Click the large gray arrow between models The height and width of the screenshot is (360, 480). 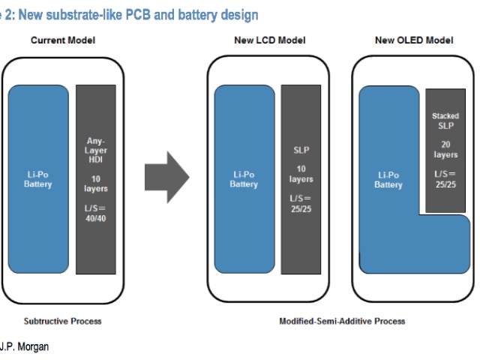pos(166,177)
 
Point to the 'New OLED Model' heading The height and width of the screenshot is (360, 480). pos(414,40)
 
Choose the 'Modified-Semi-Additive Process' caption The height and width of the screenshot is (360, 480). pos(342,321)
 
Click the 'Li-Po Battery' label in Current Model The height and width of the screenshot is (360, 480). pos(37,179)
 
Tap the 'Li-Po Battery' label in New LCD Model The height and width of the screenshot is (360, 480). pos(244,179)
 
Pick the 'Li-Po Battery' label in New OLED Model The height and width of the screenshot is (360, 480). pos(388,179)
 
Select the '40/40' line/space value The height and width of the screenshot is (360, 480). pos(96,216)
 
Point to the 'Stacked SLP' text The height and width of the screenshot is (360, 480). pos(445,121)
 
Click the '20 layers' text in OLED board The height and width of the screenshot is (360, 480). pos(445,149)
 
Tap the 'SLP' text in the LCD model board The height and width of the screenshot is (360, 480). pos(301,150)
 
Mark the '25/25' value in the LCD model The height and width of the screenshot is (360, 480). pos(301,208)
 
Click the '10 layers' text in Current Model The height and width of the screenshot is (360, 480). pos(96,184)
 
